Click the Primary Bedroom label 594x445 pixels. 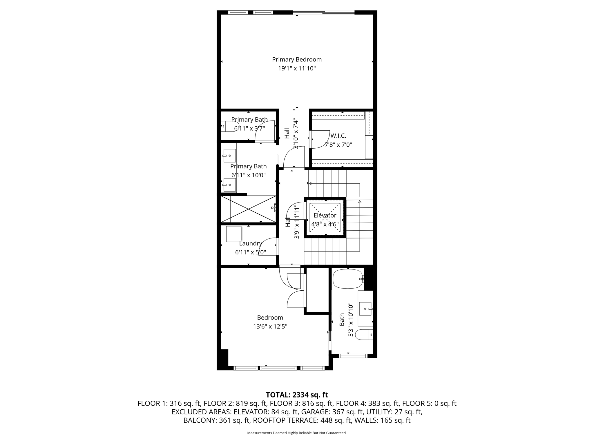pyautogui.click(x=297, y=59)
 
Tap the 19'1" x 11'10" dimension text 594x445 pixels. pyautogui.click(x=297, y=69)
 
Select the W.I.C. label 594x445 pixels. pyautogui.click(x=338, y=136)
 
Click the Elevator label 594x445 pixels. pyautogui.click(x=325, y=215)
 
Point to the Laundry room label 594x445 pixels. pyautogui.click(x=251, y=243)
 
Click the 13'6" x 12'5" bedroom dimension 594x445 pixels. pyautogui.click(x=270, y=327)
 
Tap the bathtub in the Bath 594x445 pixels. pyautogui.click(x=347, y=279)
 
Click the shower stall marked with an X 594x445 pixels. pyautogui.click(x=248, y=209)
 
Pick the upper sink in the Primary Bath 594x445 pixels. pyautogui.click(x=229, y=156)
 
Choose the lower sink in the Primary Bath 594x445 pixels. pyautogui.click(x=229, y=185)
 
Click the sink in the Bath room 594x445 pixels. pyautogui.click(x=365, y=309)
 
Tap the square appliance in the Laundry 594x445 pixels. pyautogui.click(x=234, y=234)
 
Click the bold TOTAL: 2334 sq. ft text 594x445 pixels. pyautogui.click(x=297, y=395)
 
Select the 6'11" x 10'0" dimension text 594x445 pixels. pyautogui.click(x=248, y=175)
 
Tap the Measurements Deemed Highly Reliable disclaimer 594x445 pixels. pyautogui.click(x=297, y=433)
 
